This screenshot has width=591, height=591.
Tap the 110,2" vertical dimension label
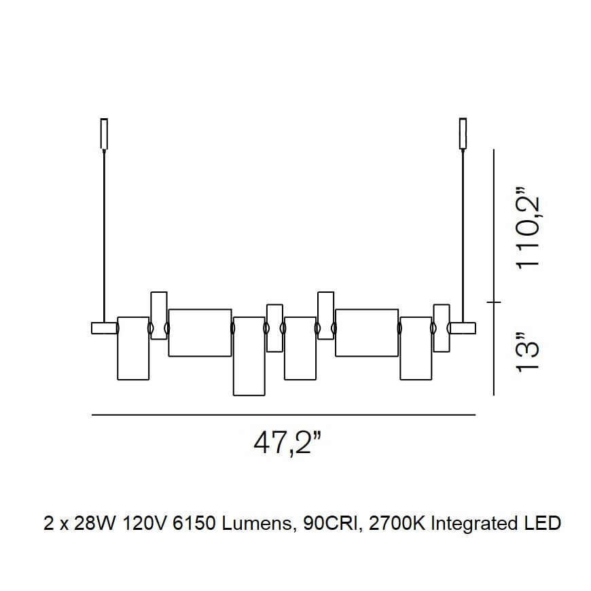coord(528,232)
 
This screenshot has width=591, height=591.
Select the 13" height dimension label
coord(528,353)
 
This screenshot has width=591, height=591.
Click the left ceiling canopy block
coord(104,134)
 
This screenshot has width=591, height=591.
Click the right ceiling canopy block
coord(463,134)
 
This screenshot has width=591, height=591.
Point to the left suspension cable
coord(104,236)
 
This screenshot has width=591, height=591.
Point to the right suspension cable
coord(463,236)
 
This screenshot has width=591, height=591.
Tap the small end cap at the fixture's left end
coord(105,328)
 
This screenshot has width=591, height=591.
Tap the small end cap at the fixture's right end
coord(463,328)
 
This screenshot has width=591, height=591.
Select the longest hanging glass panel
coord(249,356)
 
